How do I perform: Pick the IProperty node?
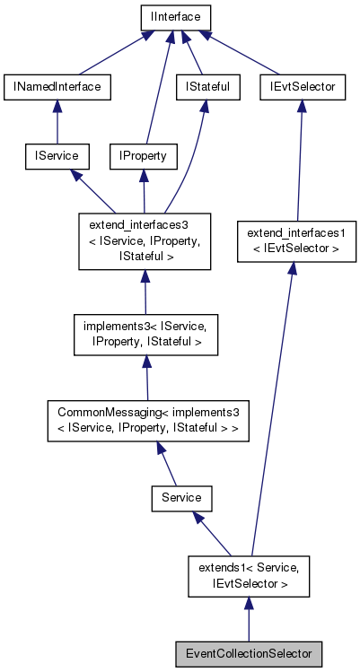click(143, 156)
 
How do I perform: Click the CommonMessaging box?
click(148, 419)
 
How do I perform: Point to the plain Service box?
click(181, 496)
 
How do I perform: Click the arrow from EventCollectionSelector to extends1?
click(248, 620)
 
